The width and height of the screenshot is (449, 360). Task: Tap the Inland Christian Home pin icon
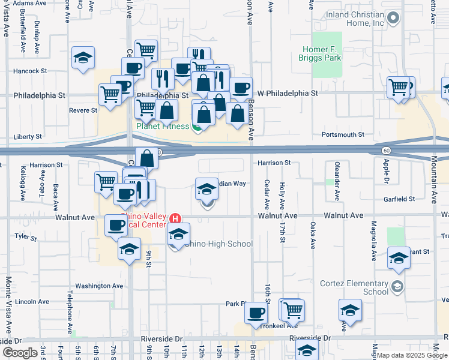click(393, 19)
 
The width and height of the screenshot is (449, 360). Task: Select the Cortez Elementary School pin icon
click(396, 287)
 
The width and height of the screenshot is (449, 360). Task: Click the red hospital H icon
click(175, 218)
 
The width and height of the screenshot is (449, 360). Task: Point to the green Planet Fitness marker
click(197, 127)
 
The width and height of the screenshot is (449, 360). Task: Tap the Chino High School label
click(218, 244)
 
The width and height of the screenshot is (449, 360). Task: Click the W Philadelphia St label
click(288, 94)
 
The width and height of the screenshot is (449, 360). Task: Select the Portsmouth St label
click(343, 135)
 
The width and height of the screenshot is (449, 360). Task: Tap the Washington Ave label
click(95, 286)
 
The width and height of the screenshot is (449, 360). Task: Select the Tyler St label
click(26, 237)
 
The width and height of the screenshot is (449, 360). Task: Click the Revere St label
click(83, 110)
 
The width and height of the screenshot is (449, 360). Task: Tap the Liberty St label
click(25, 137)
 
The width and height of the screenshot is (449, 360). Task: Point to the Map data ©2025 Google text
click(412, 355)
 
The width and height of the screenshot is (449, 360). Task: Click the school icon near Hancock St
click(83, 58)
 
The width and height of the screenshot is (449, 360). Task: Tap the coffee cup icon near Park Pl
click(256, 313)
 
